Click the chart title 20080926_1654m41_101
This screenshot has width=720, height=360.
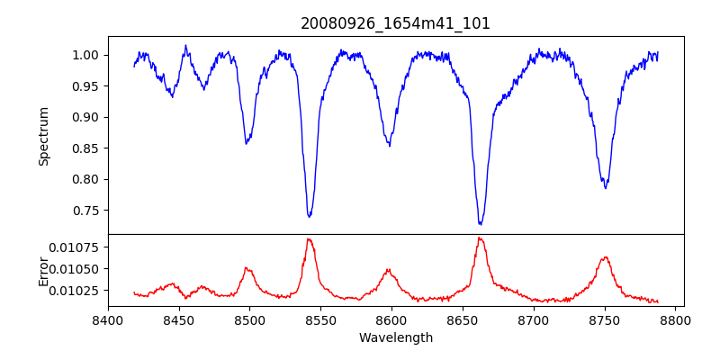395,23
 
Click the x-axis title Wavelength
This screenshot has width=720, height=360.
395,337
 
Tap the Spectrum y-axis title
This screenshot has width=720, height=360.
44,136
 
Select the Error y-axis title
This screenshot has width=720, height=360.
44,271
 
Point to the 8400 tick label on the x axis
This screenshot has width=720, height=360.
108,319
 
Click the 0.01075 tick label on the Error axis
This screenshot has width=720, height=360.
79,247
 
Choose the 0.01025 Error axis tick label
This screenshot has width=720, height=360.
79,291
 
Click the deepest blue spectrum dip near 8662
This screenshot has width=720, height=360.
481,223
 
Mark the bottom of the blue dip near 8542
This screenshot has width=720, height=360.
310,216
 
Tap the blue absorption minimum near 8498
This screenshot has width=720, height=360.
247,143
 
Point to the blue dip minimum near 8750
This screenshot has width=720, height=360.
606,187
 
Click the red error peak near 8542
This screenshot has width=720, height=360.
309,239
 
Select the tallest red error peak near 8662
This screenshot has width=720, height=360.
480,238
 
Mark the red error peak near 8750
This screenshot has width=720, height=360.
606,257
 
